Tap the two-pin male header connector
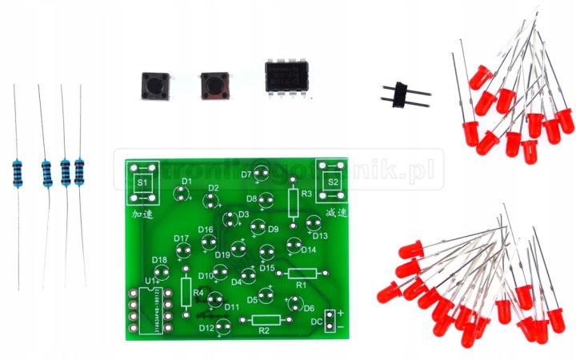405,94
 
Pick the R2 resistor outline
266,320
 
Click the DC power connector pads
330,319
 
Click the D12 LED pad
224,325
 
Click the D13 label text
321,236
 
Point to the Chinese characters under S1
142,214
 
